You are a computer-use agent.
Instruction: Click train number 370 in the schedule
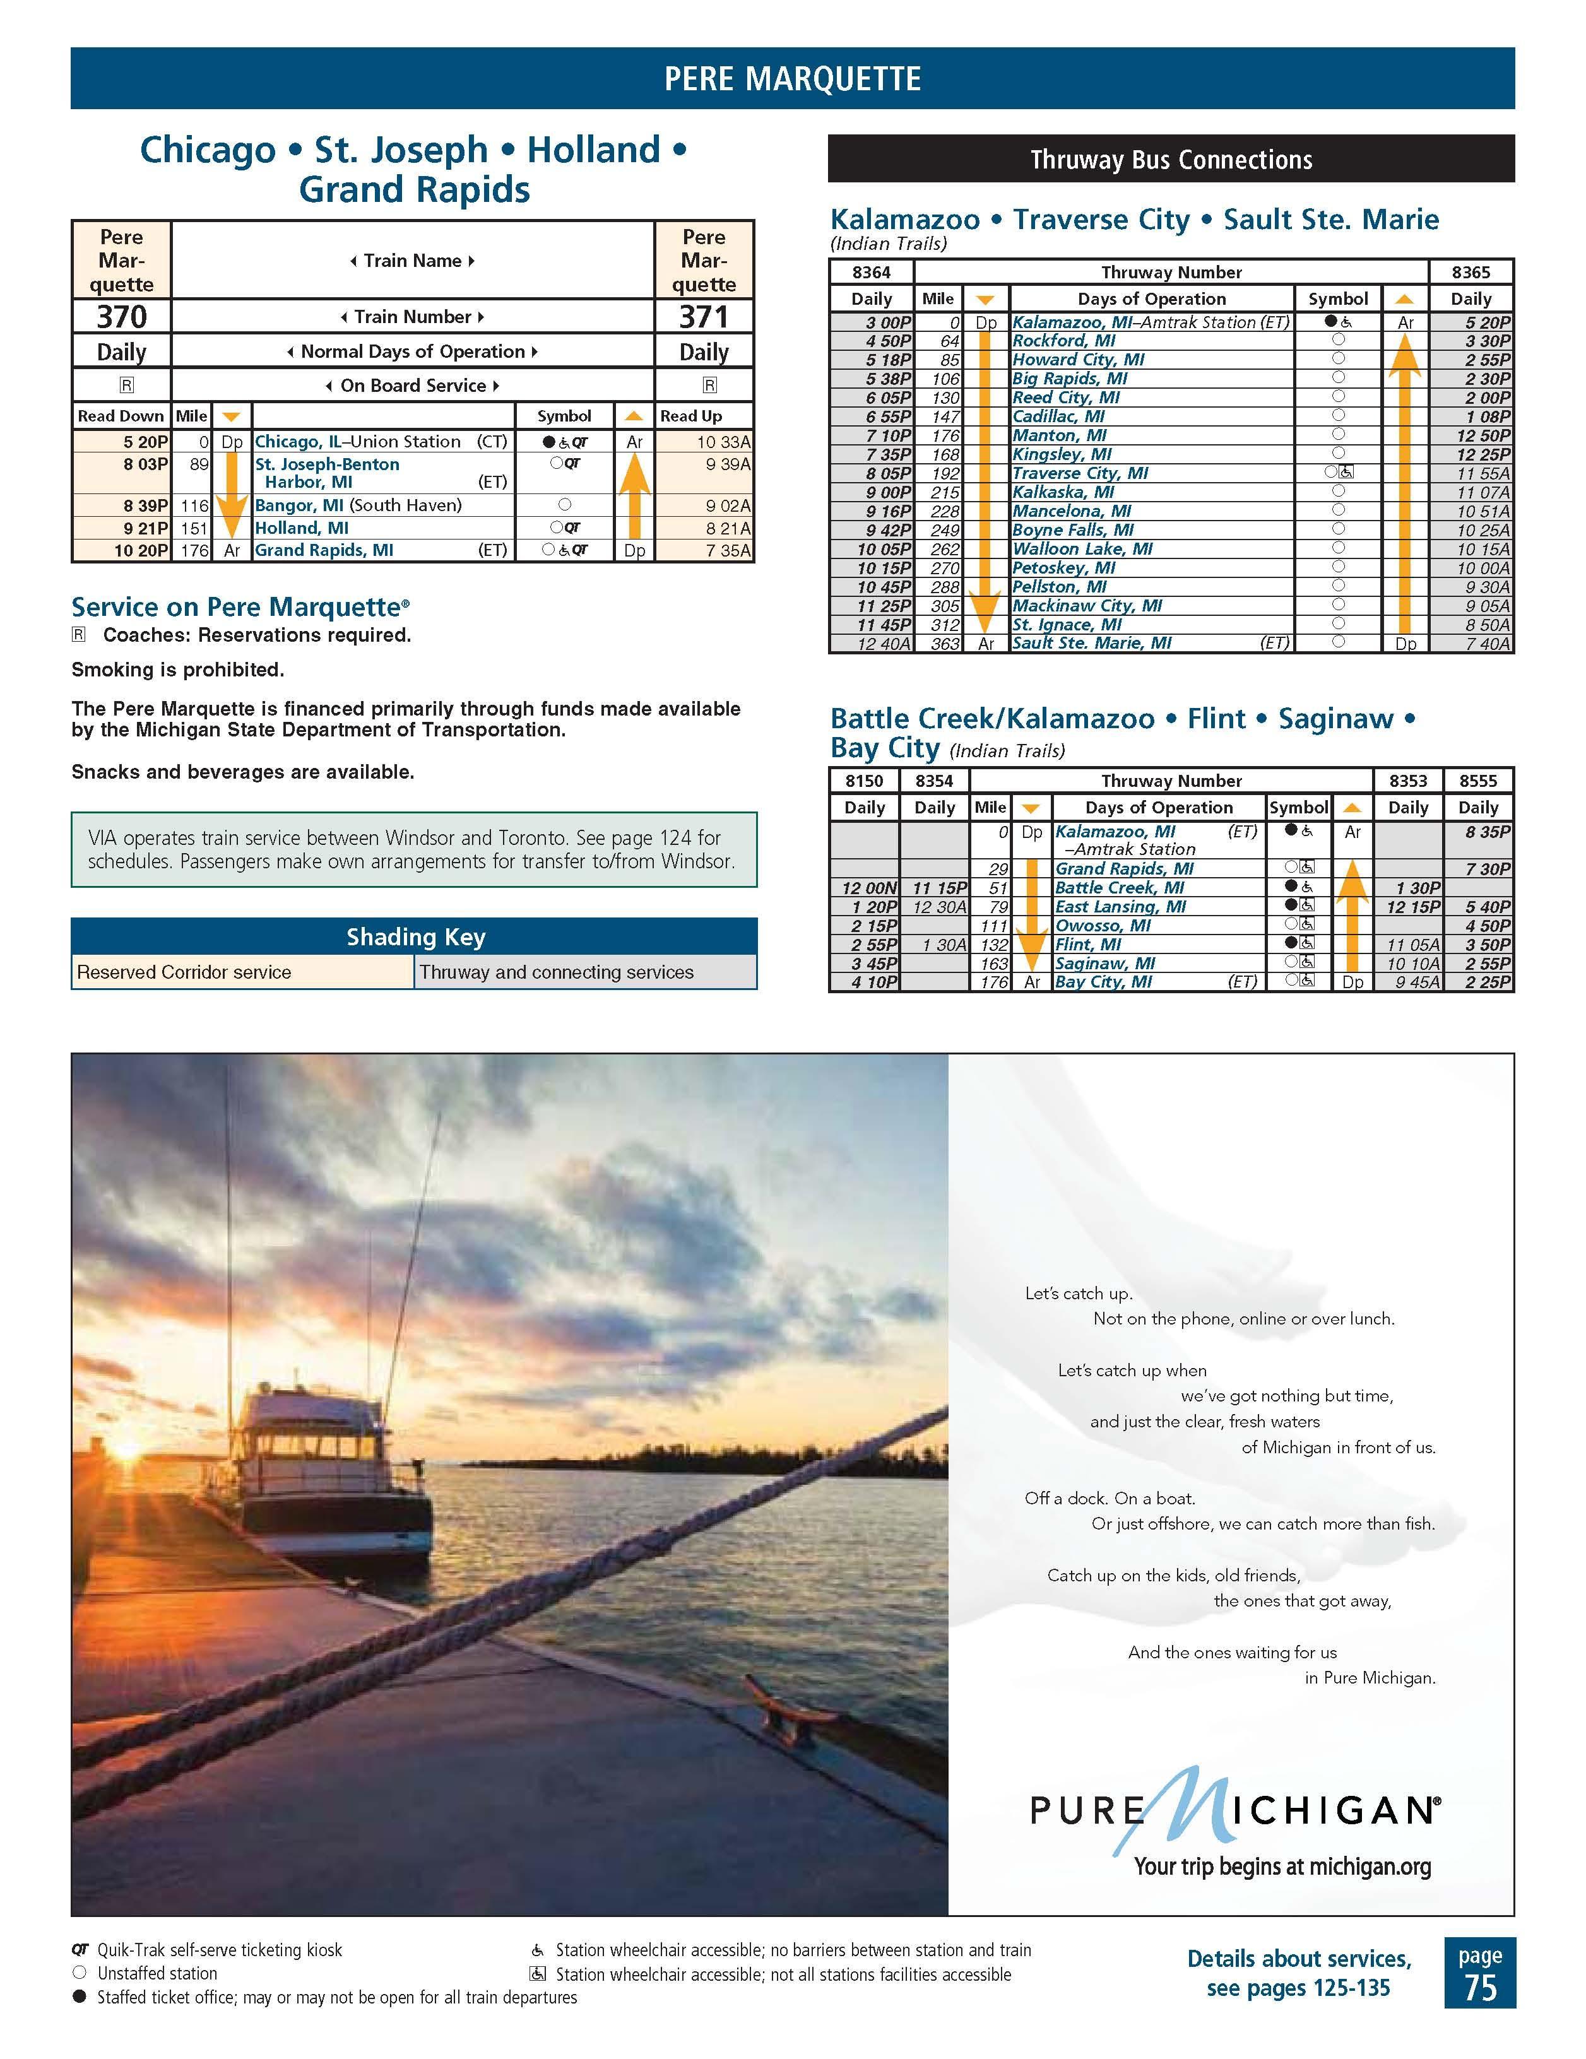point(122,317)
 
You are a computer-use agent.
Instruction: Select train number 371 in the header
point(704,317)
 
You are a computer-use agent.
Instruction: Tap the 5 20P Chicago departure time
point(145,441)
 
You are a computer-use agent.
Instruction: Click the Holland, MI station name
point(302,528)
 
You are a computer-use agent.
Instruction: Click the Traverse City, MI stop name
point(1080,473)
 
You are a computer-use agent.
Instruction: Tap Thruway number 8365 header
point(1471,273)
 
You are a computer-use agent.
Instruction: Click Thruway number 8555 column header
point(1477,781)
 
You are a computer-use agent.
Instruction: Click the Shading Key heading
point(415,936)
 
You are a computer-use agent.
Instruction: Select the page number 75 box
point(1479,1973)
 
